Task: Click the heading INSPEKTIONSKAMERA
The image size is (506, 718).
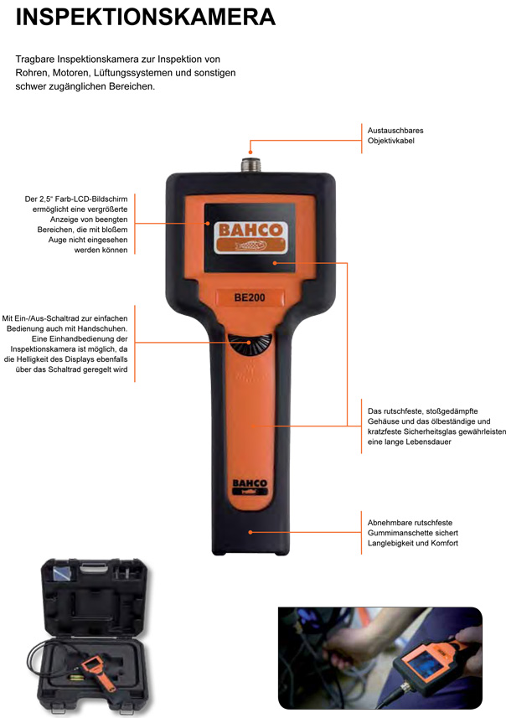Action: tap(146, 17)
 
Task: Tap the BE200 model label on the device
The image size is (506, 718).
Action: tap(250, 297)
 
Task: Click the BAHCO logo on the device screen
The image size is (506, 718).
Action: tap(250, 237)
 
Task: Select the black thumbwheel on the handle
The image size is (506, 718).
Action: tap(250, 345)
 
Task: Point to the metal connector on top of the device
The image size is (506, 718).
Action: tap(250, 165)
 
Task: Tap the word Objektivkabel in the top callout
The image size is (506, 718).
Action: tap(391, 141)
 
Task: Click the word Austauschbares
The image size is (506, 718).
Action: tap(395, 131)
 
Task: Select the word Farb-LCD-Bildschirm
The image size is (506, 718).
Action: tap(91, 199)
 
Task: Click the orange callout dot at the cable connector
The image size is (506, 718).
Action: tap(250, 152)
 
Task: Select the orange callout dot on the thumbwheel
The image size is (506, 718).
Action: tap(249, 342)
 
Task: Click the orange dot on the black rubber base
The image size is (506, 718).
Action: tap(250, 532)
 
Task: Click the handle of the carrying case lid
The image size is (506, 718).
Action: tap(94, 569)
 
